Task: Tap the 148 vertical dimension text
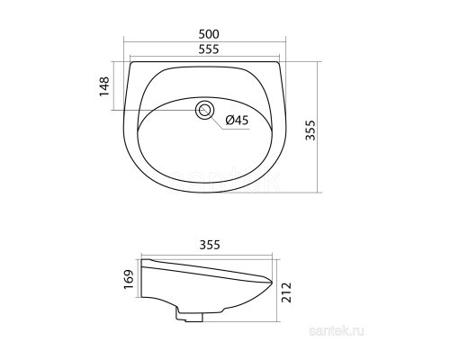tap(104, 86)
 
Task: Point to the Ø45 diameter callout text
tap(237, 121)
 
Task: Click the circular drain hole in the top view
tap(206, 111)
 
